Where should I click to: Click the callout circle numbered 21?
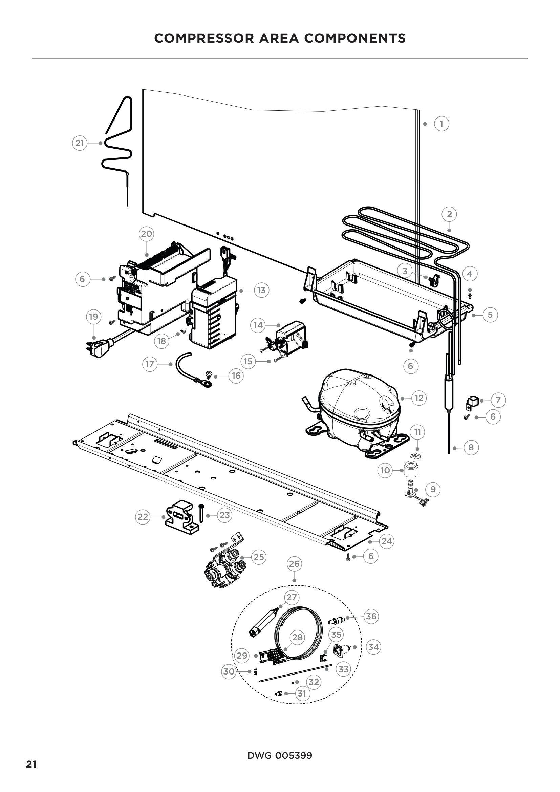point(80,143)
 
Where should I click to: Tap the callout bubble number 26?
point(294,564)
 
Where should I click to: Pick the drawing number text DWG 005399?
point(280,756)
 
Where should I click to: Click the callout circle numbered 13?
point(261,291)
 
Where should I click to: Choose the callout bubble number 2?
point(449,214)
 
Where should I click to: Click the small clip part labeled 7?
point(472,402)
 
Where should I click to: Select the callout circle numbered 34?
point(373,647)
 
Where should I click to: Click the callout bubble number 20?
point(147,234)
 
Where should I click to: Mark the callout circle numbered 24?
point(387,541)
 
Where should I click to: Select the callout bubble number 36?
point(371,616)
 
